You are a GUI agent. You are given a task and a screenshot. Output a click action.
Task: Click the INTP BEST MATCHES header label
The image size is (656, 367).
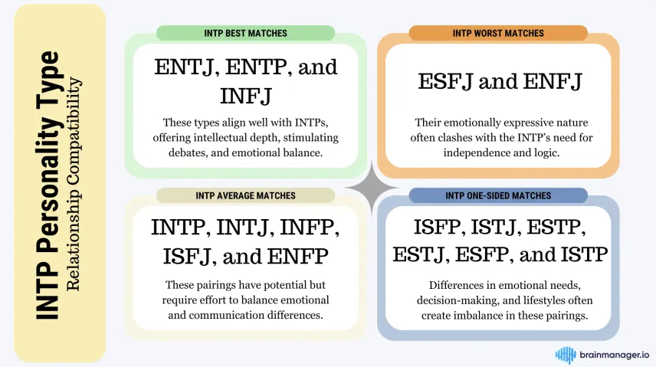point(245,33)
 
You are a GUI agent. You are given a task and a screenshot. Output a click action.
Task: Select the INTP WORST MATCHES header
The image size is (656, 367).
point(498,33)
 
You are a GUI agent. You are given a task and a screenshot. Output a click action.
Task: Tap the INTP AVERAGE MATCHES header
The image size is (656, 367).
point(245,195)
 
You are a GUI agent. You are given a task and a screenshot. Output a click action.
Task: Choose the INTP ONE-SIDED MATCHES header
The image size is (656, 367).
point(498,195)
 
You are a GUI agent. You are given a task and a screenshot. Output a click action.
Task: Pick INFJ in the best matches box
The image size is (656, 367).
point(245,96)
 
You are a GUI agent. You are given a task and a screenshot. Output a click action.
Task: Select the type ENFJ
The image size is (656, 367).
point(553,81)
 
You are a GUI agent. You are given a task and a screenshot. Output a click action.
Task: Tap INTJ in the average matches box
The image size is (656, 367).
point(245,228)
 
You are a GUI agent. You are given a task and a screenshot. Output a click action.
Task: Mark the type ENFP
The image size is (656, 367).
point(297,256)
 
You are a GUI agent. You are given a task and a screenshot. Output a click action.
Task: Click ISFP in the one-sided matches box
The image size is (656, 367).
point(440,228)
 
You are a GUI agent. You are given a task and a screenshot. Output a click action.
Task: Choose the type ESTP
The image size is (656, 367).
point(556,228)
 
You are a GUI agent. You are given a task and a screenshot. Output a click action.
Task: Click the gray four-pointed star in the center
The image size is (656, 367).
point(372,188)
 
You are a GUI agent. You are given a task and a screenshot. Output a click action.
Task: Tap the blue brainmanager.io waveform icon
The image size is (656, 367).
point(566,356)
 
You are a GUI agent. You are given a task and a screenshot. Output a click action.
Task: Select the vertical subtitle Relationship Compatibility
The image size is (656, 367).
point(74,184)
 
